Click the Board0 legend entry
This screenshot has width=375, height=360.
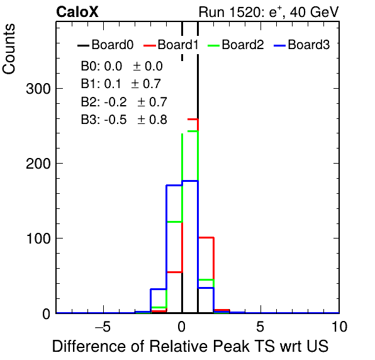click(106, 45)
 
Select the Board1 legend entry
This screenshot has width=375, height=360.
click(171, 45)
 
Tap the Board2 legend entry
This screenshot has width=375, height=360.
click(236, 45)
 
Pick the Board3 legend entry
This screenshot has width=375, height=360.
click(302, 45)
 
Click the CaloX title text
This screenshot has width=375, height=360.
click(77, 12)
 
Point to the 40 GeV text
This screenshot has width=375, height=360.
click(314, 12)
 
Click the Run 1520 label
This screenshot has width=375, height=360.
click(230, 12)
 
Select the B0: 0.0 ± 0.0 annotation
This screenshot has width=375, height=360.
click(121, 66)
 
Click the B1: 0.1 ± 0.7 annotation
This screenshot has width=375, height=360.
click(121, 84)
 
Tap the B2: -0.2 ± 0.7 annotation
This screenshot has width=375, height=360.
click(124, 102)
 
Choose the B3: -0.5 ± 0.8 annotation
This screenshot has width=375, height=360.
click(124, 120)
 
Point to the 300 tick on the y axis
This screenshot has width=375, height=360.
click(38, 89)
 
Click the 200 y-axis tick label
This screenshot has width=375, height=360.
click(38, 164)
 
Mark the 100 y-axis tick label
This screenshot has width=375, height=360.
click(38, 239)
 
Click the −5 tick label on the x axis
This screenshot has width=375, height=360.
click(103, 327)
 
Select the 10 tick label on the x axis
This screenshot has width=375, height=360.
click(339, 327)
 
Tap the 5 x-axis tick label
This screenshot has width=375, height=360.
click(260, 327)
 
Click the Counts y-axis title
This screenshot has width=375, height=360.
click(9, 49)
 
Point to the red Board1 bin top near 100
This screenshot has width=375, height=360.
click(206, 237)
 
